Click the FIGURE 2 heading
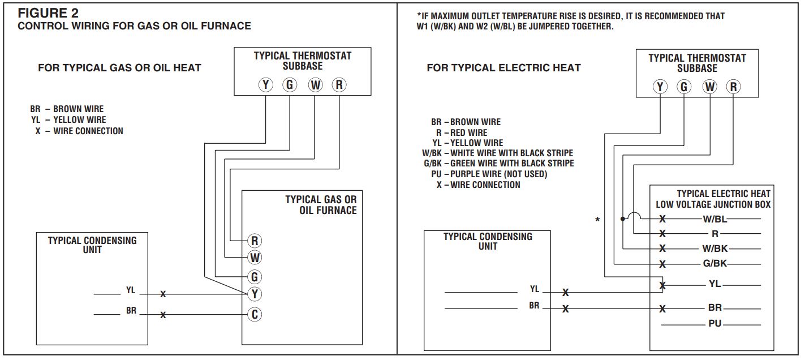[x=48, y=12]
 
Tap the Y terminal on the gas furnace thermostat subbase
[x=266, y=85]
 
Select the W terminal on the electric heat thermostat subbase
[x=709, y=87]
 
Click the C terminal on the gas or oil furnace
[x=255, y=314]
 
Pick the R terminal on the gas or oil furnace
[x=255, y=241]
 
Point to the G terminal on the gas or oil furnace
[x=255, y=277]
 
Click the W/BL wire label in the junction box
[x=714, y=219]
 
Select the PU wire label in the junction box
[x=714, y=324]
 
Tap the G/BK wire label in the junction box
[x=714, y=263]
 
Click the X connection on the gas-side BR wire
[x=163, y=315]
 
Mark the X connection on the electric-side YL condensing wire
[x=565, y=293]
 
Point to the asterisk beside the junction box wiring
[x=597, y=220]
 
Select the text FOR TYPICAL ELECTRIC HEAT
[x=503, y=68]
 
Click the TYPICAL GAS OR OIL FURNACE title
[x=321, y=205]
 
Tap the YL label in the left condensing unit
[x=131, y=290]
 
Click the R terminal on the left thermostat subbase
[x=339, y=85]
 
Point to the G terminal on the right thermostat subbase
[x=685, y=87]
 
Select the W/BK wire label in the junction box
[x=714, y=248]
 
